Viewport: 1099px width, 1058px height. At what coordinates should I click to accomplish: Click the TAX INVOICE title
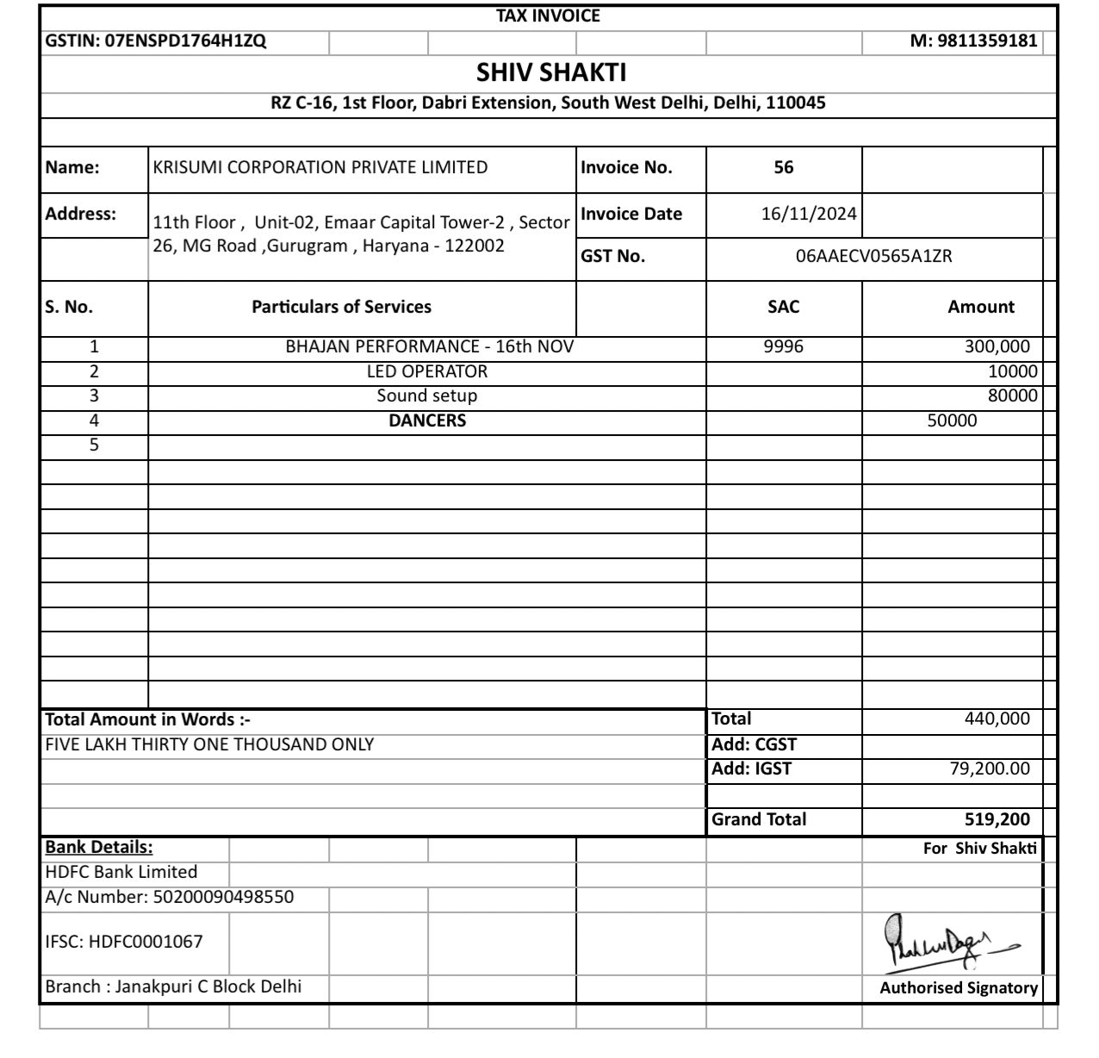pos(548,16)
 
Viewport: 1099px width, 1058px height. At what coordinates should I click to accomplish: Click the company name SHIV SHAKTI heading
pos(551,72)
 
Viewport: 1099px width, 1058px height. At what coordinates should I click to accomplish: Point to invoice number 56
pos(783,168)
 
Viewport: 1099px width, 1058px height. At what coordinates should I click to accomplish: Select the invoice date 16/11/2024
pos(809,214)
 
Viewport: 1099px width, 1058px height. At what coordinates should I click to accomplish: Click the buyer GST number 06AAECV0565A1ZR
pos(873,256)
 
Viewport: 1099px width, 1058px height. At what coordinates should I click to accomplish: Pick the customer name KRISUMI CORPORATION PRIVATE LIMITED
pos(320,168)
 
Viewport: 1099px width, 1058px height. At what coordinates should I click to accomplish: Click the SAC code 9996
pos(783,346)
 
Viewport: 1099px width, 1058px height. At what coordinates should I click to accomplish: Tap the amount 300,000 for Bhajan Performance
pos(997,346)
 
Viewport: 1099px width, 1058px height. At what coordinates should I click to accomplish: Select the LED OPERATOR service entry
pos(426,371)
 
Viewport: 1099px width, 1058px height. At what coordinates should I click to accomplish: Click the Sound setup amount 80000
pos(1012,395)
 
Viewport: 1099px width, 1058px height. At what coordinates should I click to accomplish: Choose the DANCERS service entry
pos(426,420)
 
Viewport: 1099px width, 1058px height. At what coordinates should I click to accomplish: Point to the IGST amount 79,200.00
pos(990,769)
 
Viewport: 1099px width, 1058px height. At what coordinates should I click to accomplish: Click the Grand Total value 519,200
pos(997,819)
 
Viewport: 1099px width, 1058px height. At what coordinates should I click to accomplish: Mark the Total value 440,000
pos(997,719)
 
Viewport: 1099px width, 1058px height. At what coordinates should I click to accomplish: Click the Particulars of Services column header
pos(341,307)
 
